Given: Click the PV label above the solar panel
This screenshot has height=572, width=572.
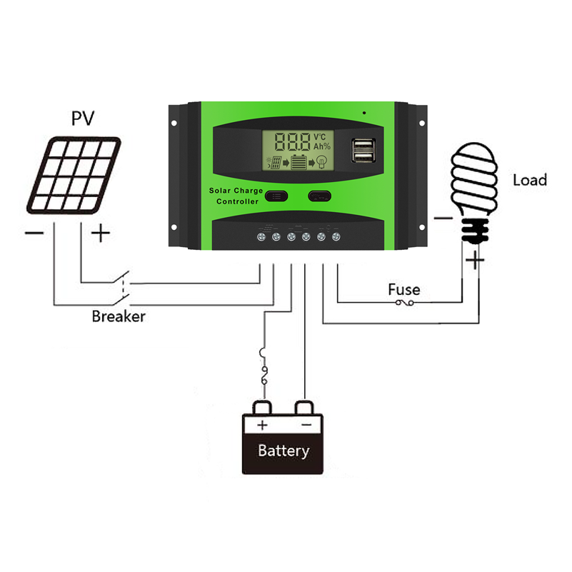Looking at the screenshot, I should (x=82, y=118).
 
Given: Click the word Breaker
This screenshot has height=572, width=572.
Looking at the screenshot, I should (x=118, y=316).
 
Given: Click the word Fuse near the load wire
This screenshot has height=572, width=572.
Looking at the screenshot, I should (x=403, y=290).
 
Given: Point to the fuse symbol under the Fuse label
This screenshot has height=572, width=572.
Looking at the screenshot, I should (x=404, y=303).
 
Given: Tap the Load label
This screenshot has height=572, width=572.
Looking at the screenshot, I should (x=529, y=180).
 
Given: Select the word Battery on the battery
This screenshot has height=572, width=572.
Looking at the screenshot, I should (x=284, y=451).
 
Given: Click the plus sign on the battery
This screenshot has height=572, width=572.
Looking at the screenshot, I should (x=262, y=426).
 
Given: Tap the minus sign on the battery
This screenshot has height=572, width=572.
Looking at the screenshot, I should (x=306, y=426).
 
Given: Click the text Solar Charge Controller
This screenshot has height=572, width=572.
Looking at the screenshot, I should (x=236, y=196).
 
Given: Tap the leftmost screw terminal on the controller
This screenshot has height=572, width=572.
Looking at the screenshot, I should (x=261, y=235).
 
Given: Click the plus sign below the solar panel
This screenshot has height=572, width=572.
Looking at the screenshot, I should (x=101, y=233).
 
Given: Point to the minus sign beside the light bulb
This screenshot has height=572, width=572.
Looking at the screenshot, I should (x=443, y=219).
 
